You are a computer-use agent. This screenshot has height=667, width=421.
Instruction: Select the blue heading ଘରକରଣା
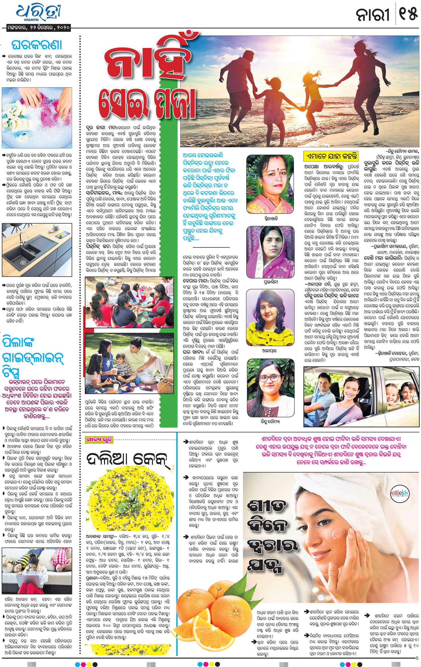click(x=37, y=45)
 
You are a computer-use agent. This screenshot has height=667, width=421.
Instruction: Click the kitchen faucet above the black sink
click(x=23, y=237)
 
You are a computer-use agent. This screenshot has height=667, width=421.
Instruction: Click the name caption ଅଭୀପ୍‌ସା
click(x=269, y=351)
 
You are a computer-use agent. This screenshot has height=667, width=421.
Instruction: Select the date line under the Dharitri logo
click(x=38, y=28)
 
